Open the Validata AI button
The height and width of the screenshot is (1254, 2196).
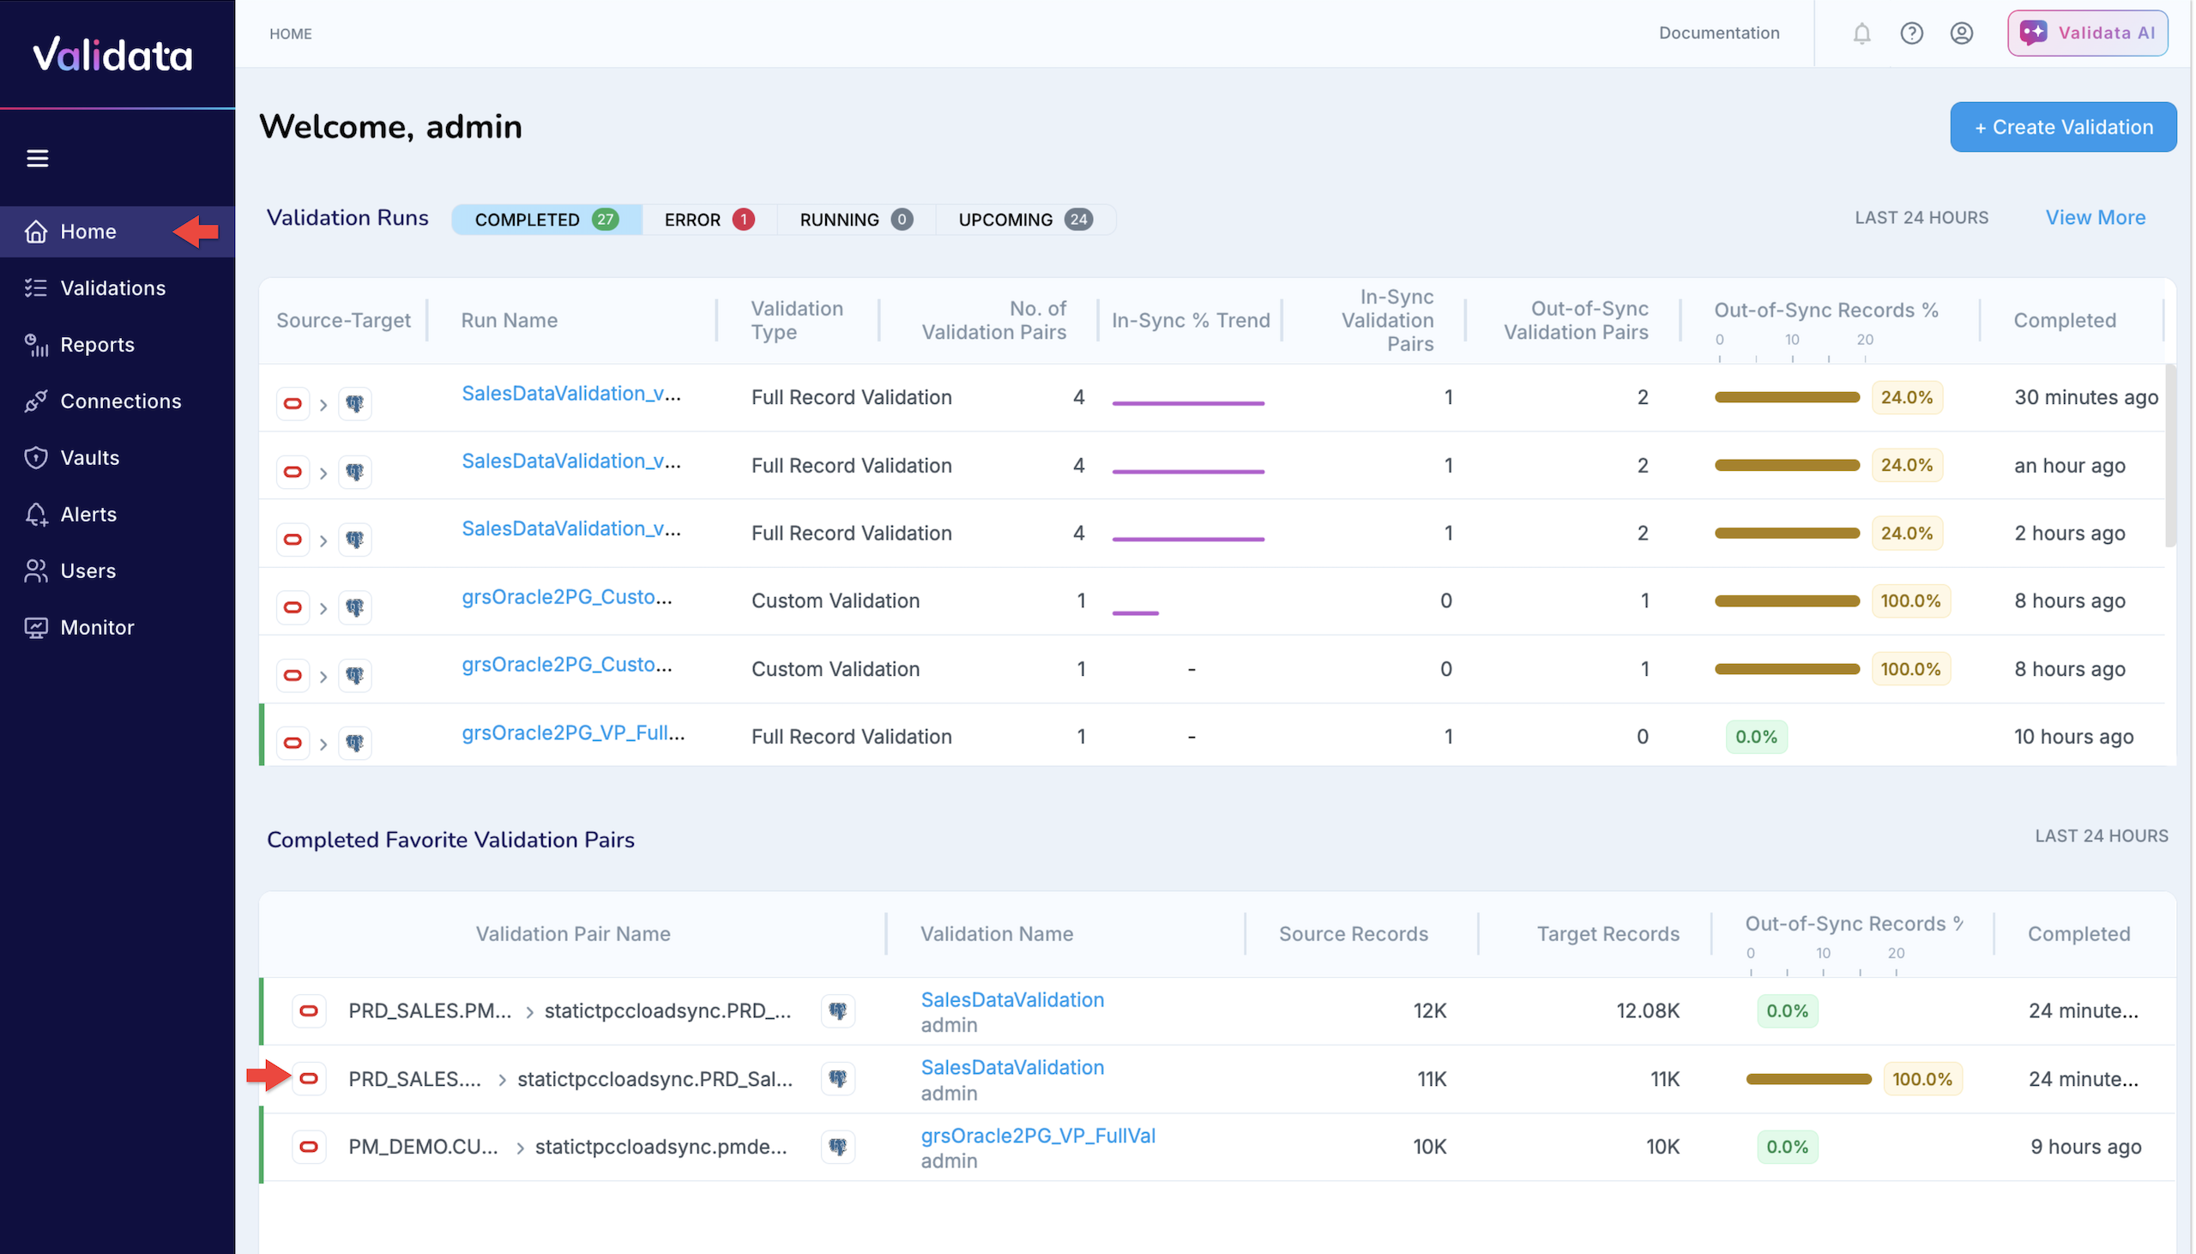(2087, 33)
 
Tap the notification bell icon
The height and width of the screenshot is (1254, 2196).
(1861, 33)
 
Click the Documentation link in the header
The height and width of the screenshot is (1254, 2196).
(1718, 33)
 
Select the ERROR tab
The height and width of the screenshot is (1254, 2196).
(708, 220)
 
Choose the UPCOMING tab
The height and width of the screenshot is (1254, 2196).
(1024, 220)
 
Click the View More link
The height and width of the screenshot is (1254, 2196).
(2095, 218)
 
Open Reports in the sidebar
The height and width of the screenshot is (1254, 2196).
(96, 345)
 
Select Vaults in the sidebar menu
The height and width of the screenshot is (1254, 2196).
(89, 457)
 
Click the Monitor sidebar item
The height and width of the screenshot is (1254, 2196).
(96, 627)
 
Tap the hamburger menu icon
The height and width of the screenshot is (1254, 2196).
(37, 159)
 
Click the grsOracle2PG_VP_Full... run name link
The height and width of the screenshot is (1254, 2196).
(573, 733)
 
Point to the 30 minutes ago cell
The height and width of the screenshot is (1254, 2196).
(2084, 397)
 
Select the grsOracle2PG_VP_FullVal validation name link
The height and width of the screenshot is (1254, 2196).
(1038, 1135)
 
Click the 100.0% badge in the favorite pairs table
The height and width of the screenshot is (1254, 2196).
(1921, 1079)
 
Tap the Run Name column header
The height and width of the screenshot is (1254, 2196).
(509, 321)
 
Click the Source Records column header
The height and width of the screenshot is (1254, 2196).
(1352, 933)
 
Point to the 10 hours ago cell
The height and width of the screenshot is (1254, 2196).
(2072, 737)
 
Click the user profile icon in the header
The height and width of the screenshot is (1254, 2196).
(1961, 33)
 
